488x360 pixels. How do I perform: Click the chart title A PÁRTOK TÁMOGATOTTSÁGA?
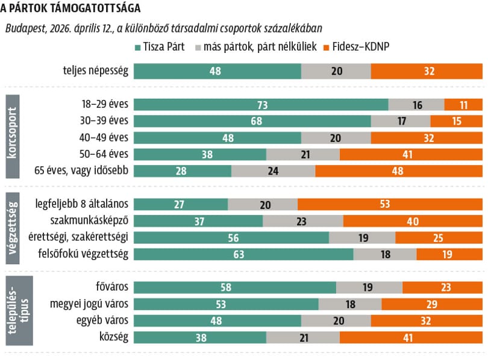[70, 8]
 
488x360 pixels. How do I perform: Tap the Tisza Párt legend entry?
[160, 46]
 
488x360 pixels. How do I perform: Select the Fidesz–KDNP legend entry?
[357, 46]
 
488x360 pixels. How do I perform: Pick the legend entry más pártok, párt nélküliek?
[256, 46]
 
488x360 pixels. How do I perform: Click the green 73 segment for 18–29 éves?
[261, 105]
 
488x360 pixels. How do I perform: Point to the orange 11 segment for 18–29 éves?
[463, 105]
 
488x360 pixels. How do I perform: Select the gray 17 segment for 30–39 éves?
[401, 121]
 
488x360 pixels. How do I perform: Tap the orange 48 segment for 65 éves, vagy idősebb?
[399, 171]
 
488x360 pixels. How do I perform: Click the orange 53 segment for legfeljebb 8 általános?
[390, 204]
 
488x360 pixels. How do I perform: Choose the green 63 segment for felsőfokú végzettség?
[243, 254]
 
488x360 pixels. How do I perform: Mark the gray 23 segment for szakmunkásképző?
[303, 221]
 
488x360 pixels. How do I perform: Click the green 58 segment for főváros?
[235, 287]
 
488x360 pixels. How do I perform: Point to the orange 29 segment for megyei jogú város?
[433, 304]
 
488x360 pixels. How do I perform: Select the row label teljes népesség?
[96, 70]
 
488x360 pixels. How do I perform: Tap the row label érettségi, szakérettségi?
[78, 237]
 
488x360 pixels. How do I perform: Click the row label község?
[114, 337]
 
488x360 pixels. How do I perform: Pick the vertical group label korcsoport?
[13, 137]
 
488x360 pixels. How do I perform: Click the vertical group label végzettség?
[13, 228]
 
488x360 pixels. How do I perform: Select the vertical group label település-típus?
[19, 311]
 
